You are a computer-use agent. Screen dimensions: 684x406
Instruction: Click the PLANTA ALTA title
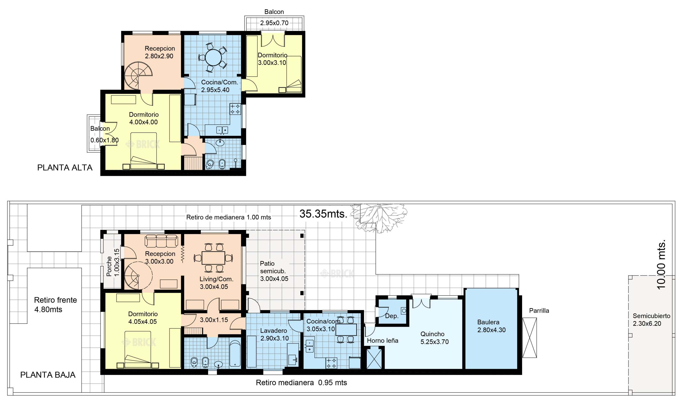click(x=65, y=167)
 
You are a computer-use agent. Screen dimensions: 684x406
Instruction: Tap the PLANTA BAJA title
click(x=48, y=375)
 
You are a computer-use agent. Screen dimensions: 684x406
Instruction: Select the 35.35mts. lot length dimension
click(x=323, y=214)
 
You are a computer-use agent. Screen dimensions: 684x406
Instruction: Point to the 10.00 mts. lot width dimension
click(x=661, y=264)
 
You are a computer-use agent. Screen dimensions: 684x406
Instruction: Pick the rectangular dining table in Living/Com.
click(x=213, y=258)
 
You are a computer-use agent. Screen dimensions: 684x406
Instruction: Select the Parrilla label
click(x=539, y=310)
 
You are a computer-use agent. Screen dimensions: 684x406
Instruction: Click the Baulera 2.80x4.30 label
click(x=491, y=326)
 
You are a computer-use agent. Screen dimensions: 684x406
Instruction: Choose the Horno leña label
click(x=383, y=340)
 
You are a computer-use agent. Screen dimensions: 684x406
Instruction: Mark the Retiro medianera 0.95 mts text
click(x=301, y=383)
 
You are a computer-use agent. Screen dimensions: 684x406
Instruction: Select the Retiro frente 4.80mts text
click(x=55, y=304)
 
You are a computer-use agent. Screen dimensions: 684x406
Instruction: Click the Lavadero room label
click(x=274, y=330)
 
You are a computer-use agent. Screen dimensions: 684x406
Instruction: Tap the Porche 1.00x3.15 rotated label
click(x=113, y=262)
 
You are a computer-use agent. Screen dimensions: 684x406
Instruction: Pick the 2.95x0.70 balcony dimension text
click(x=274, y=23)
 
